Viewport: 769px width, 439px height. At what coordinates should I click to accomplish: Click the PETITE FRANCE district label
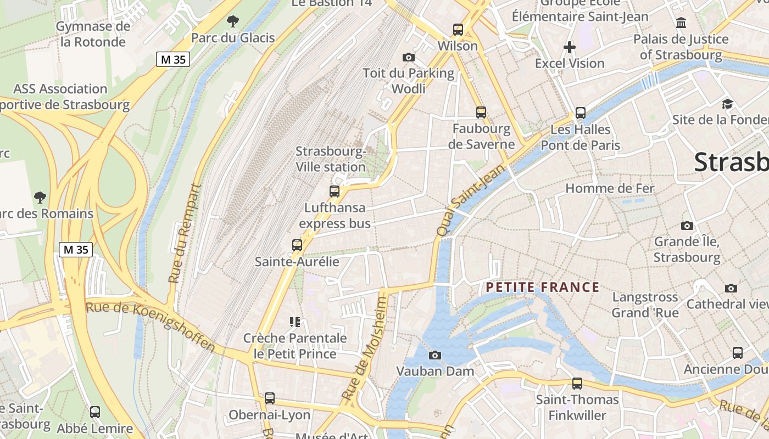pyautogui.click(x=542, y=287)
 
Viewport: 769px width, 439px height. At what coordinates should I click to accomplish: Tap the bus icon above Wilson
pyautogui.click(x=458, y=29)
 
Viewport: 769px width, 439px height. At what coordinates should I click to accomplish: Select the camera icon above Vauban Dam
pyautogui.click(x=435, y=355)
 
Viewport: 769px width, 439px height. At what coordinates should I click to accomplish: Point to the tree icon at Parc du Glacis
pyautogui.click(x=233, y=21)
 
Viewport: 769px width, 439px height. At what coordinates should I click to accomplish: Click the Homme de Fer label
pyautogui.click(x=610, y=188)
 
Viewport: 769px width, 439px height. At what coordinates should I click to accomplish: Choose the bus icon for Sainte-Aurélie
pyautogui.click(x=297, y=245)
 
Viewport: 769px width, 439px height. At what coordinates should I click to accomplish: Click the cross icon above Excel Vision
pyautogui.click(x=570, y=47)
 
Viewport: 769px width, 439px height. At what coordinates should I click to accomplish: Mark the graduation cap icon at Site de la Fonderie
pyautogui.click(x=727, y=104)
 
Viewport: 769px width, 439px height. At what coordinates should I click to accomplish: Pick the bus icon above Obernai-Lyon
pyautogui.click(x=269, y=398)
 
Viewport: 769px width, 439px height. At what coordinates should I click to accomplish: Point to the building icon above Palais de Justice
pyautogui.click(x=681, y=22)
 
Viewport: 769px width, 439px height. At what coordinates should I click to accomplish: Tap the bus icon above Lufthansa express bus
pyautogui.click(x=334, y=192)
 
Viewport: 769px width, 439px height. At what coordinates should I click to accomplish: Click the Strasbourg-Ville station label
pyautogui.click(x=331, y=159)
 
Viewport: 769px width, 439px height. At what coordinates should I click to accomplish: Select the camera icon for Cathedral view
pyautogui.click(x=731, y=288)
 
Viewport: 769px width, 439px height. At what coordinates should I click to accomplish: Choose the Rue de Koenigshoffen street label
pyautogui.click(x=151, y=326)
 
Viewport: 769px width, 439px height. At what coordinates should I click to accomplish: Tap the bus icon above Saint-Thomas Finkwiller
pyautogui.click(x=577, y=383)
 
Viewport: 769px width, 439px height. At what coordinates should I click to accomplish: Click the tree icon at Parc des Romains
pyautogui.click(x=40, y=197)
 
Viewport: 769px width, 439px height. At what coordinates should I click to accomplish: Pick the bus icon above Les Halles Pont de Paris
pyautogui.click(x=581, y=113)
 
